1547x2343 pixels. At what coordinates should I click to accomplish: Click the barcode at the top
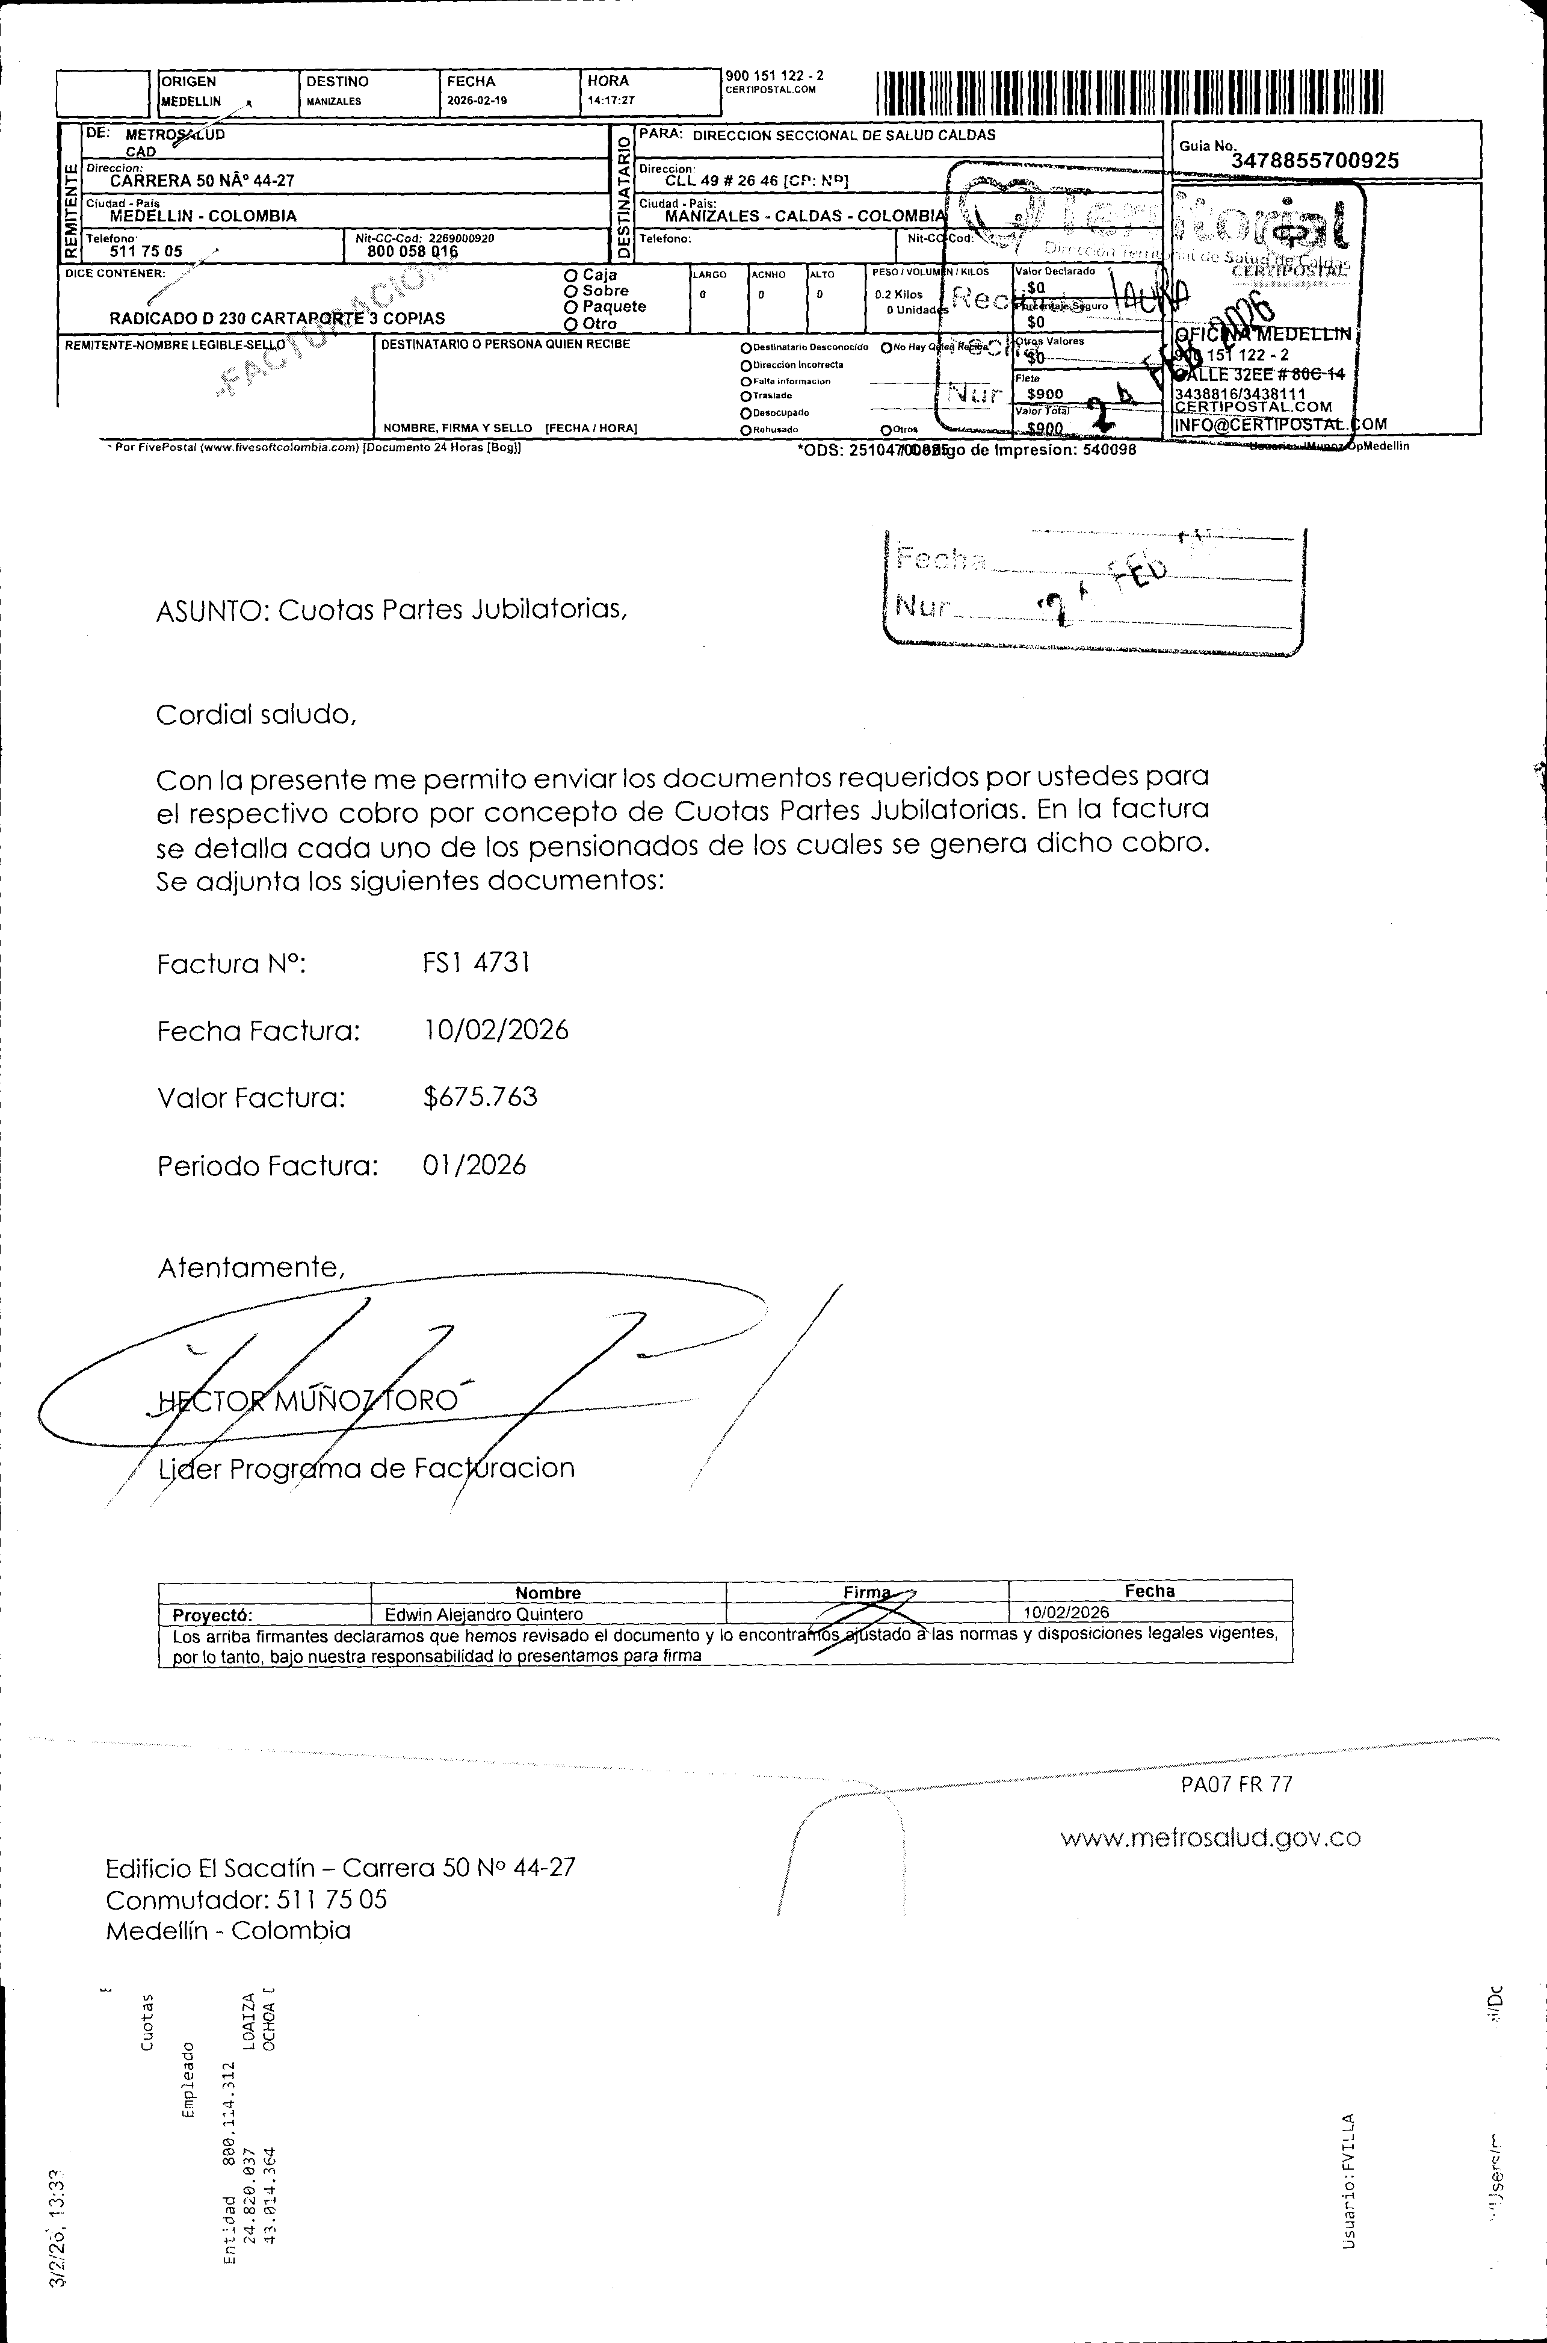pos(1129,93)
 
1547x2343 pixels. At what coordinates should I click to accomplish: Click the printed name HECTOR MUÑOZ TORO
pos(308,1401)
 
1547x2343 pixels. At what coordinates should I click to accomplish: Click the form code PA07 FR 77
pos(1237,1784)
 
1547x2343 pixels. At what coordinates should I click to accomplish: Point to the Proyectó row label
pos(212,1616)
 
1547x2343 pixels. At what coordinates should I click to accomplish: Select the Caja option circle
pos(570,275)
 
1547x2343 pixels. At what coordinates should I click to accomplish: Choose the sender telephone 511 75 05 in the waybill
pos(146,252)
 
